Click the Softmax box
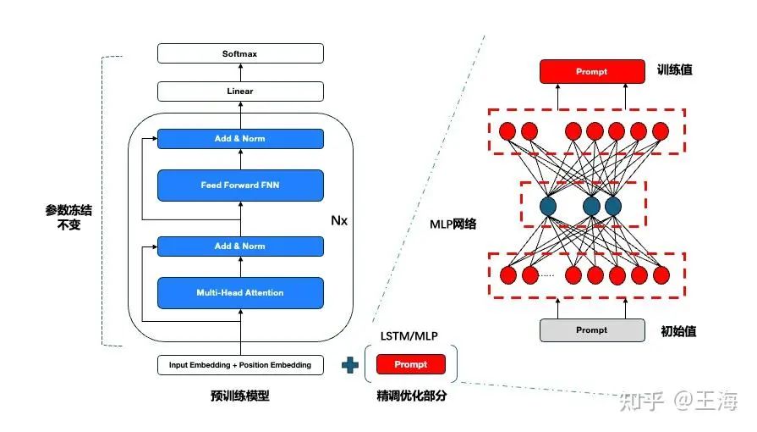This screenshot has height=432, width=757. coord(240,53)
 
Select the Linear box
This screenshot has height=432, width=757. coord(240,91)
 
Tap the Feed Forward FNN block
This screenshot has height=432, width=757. coord(240,185)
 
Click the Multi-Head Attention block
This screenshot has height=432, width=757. coord(240,293)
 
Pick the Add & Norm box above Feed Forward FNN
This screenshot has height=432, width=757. coord(240,139)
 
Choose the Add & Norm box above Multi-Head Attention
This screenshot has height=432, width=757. coord(240,246)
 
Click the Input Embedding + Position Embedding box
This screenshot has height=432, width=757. coord(240,365)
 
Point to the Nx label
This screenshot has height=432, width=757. coord(339,220)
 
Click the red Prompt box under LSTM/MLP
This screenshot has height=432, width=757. coord(411,364)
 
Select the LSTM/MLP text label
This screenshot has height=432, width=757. coord(410,335)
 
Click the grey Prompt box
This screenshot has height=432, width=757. coord(590,330)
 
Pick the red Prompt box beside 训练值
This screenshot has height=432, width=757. coord(590,72)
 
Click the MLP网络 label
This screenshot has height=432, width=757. coord(453,224)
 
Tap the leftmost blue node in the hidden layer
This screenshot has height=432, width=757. coord(547,205)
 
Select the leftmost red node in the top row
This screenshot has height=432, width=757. coord(507,131)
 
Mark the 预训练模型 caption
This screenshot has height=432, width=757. coord(240,396)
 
